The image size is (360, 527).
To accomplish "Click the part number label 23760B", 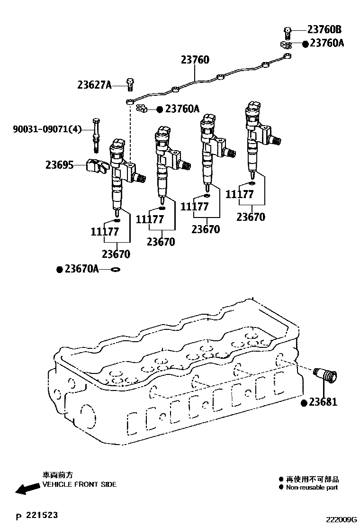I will pyautogui.click(x=324, y=30).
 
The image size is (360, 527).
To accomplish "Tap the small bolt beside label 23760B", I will pyautogui.click(x=287, y=32).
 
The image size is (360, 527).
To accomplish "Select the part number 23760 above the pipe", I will pyautogui.click(x=195, y=60).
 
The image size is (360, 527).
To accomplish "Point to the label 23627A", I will pyautogui.click(x=95, y=85).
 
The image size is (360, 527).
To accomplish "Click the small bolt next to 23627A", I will pyautogui.click(x=130, y=84).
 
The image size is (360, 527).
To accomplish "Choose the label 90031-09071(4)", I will pyautogui.click(x=41, y=128).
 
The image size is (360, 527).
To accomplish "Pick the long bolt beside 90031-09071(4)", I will pyautogui.click(x=97, y=135).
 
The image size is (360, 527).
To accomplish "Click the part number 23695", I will pyautogui.click(x=60, y=165).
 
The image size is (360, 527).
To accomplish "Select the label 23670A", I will pyautogui.click(x=81, y=269).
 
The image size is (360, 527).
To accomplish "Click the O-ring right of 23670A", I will pyautogui.click(x=115, y=270).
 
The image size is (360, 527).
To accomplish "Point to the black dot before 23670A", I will pyautogui.click(x=60, y=270).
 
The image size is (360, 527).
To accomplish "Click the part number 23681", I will pyautogui.click(x=323, y=402).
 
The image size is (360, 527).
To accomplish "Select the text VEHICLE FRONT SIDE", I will pyautogui.click(x=79, y=484).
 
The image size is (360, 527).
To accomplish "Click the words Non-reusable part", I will pyautogui.click(x=312, y=487).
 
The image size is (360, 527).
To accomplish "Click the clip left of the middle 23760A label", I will pyautogui.click(x=142, y=109).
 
